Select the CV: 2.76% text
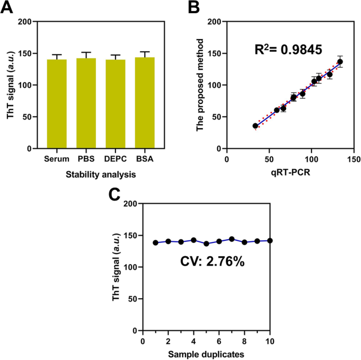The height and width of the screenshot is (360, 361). click(210, 261)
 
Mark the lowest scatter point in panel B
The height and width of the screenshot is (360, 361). click(256, 126)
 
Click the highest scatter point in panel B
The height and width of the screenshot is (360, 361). click(340, 62)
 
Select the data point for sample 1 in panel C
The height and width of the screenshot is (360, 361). click(155, 242)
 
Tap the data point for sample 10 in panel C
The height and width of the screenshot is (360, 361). click(270, 240)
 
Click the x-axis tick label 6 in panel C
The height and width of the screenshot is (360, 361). click(219, 340)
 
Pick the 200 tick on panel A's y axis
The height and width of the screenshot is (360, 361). click(24, 22)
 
